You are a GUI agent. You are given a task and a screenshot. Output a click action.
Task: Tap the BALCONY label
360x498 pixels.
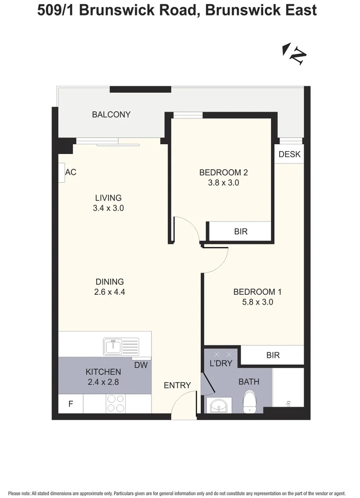pyautogui.click(x=111, y=114)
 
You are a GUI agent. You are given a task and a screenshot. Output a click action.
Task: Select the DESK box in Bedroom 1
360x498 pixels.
pyautogui.click(x=289, y=154)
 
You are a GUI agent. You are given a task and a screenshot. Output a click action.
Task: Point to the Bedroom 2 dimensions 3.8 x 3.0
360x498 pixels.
pyautogui.click(x=221, y=183)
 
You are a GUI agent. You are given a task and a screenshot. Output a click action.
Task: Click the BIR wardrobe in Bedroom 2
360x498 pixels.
pyautogui.click(x=240, y=231)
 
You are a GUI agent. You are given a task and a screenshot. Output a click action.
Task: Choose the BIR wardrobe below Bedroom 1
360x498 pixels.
pyautogui.click(x=273, y=355)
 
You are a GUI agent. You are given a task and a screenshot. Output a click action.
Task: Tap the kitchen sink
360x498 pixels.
pyautogui.click(x=121, y=346)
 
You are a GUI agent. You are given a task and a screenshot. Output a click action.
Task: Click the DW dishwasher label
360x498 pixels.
pyautogui.click(x=141, y=365)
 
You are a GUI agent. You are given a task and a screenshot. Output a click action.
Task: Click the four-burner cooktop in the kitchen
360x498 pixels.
pyautogui.click(x=115, y=403)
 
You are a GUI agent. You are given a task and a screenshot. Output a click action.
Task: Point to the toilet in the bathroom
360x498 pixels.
pyautogui.click(x=250, y=401)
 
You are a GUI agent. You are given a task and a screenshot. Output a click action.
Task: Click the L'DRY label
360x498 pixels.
pyautogui.click(x=221, y=363)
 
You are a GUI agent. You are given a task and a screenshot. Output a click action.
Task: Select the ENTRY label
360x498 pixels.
pyautogui.click(x=177, y=385)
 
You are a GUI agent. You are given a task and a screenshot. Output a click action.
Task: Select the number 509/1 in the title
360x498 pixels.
pyautogui.click(x=57, y=10)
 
